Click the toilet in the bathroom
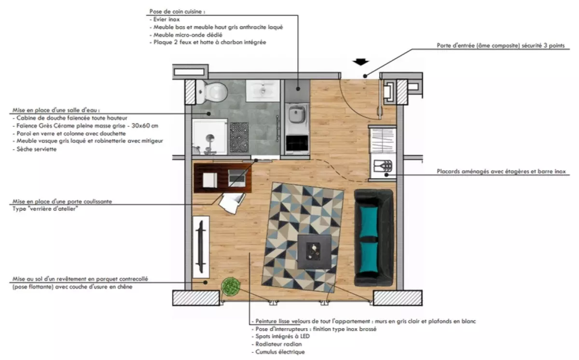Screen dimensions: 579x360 212,92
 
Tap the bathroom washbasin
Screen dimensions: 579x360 262,90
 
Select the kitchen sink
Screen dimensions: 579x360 297,114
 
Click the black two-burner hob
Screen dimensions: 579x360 297,143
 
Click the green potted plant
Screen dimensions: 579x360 231,286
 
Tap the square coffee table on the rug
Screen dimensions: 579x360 314,252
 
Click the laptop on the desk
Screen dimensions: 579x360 236,178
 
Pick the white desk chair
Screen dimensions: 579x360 232,203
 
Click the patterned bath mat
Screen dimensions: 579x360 239,137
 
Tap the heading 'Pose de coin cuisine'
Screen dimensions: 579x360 177,12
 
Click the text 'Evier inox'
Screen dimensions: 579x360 166,19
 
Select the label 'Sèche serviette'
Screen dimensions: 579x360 37,149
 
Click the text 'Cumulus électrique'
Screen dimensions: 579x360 280,352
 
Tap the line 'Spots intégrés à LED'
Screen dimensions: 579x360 283,336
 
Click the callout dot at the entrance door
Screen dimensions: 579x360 365,76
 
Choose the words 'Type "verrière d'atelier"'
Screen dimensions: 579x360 45,209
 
